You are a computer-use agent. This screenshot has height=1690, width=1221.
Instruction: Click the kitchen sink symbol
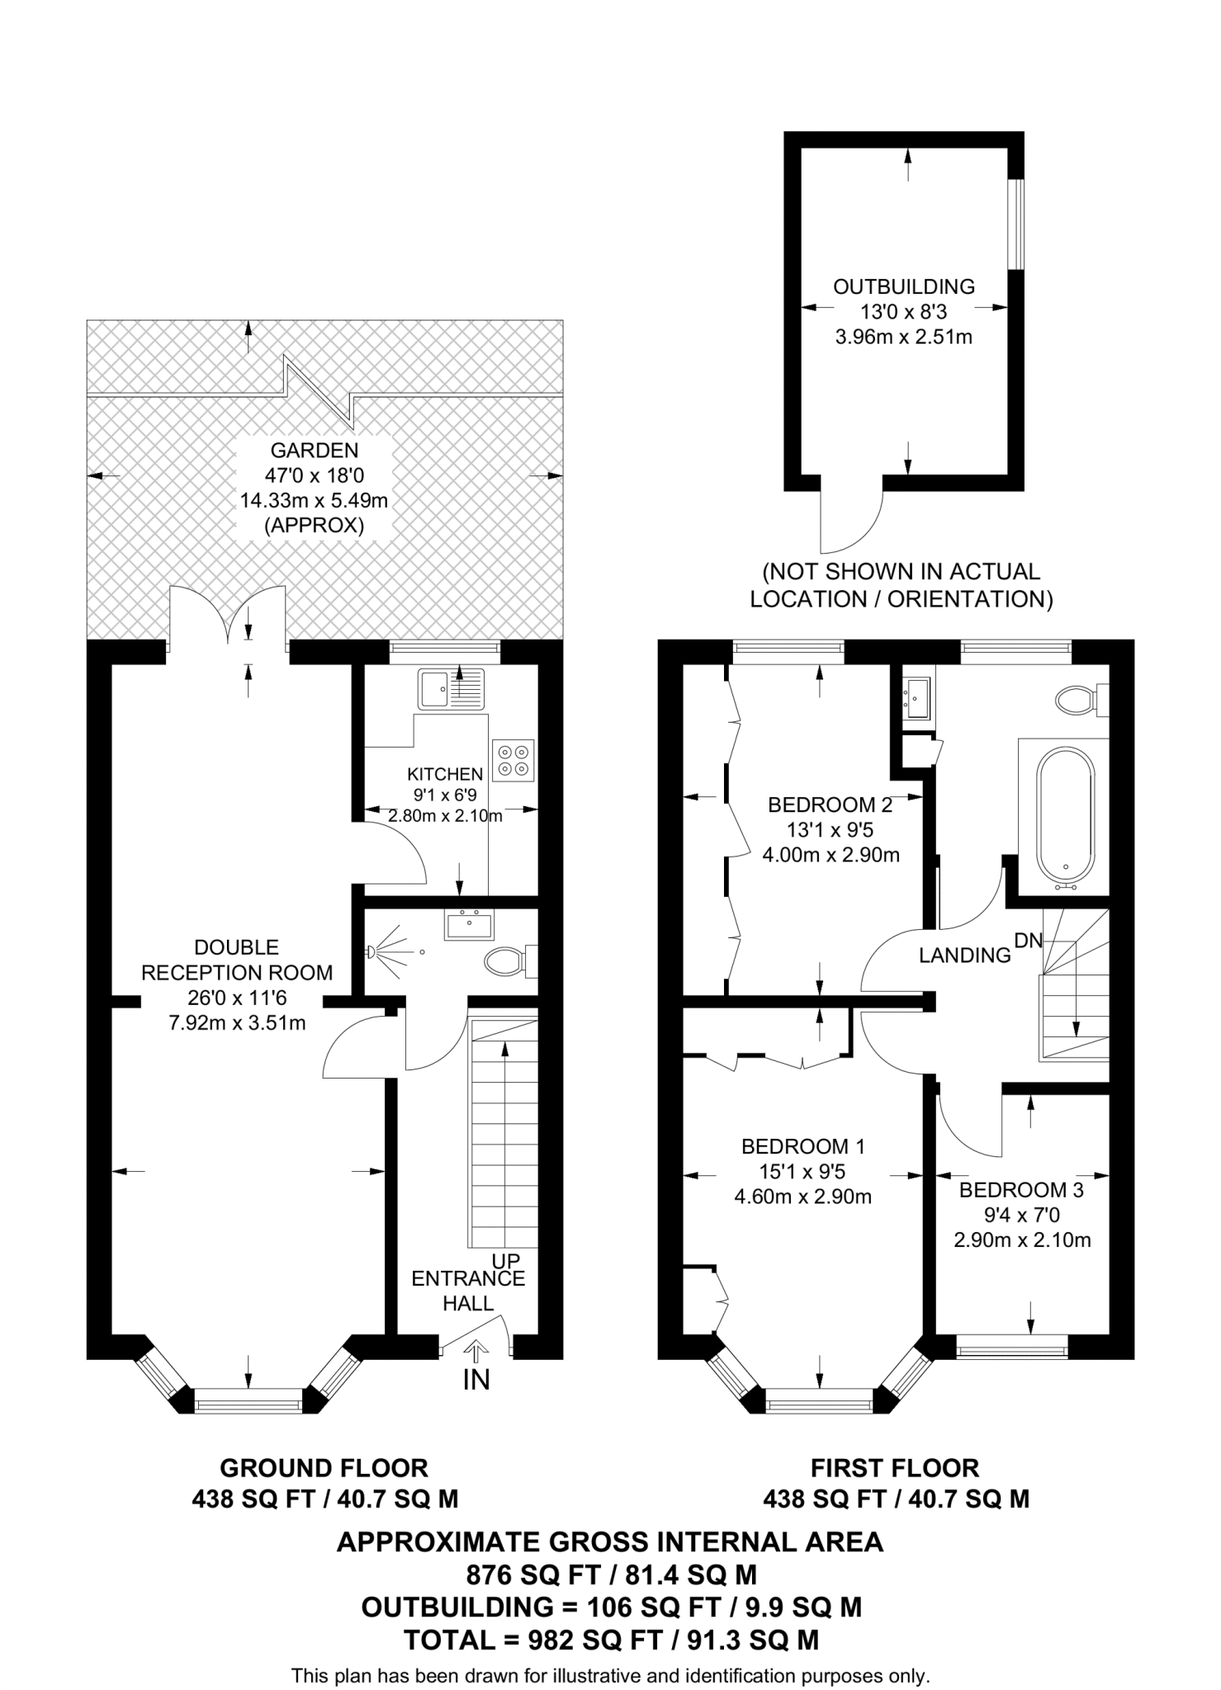pyautogui.click(x=451, y=689)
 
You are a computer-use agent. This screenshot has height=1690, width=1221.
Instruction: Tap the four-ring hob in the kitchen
pyautogui.click(x=513, y=760)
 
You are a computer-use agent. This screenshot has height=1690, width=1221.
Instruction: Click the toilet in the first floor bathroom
pyautogui.click(x=1077, y=701)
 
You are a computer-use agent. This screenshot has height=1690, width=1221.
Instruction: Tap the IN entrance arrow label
pyautogui.click(x=476, y=1379)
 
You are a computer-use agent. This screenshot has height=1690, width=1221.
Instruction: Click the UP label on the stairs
pyautogui.click(x=506, y=1261)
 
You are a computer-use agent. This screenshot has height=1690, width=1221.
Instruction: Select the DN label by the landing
pyautogui.click(x=1029, y=939)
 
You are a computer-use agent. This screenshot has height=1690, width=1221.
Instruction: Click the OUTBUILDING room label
pyautogui.click(x=903, y=287)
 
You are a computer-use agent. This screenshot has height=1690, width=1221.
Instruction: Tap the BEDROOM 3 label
pyautogui.click(x=1021, y=1190)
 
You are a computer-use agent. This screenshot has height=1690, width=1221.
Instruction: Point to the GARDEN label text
pyautogui.click(x=315, y=451)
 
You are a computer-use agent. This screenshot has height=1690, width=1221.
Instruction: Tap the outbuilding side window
pyautogui.click(x=1018, y=224)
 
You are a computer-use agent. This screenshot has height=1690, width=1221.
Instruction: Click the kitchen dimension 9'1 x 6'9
pyautogui.click(x=445, y=795)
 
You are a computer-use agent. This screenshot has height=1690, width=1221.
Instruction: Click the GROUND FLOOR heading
pyautogui.click(x=324, y=1468)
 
